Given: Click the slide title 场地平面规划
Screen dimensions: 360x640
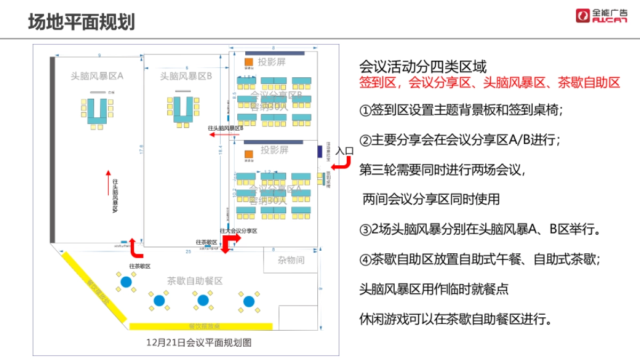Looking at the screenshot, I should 82,22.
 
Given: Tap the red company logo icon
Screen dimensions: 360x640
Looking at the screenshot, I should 583,15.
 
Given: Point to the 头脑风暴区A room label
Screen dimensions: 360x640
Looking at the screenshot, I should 97,76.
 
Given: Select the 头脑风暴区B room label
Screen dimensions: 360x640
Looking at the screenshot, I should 186,76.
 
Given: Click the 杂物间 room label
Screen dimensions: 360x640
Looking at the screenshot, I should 291,260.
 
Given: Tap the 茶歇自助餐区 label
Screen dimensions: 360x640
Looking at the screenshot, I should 195,281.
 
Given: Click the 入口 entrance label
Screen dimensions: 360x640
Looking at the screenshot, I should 345,151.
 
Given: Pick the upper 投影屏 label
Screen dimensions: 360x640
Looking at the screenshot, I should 272,62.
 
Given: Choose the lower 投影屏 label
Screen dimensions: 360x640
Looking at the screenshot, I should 274,150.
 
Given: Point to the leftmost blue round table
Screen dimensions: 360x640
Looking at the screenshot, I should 126,282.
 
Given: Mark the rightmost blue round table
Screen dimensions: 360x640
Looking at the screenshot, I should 249,301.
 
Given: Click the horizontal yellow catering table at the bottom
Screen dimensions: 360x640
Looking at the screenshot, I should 201,326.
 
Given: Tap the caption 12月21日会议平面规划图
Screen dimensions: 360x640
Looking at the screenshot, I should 199,343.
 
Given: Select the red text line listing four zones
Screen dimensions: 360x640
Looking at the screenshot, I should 490,83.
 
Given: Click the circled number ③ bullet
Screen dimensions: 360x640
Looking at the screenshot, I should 365,230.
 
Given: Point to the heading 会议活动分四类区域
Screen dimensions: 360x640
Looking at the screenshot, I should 423,67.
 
